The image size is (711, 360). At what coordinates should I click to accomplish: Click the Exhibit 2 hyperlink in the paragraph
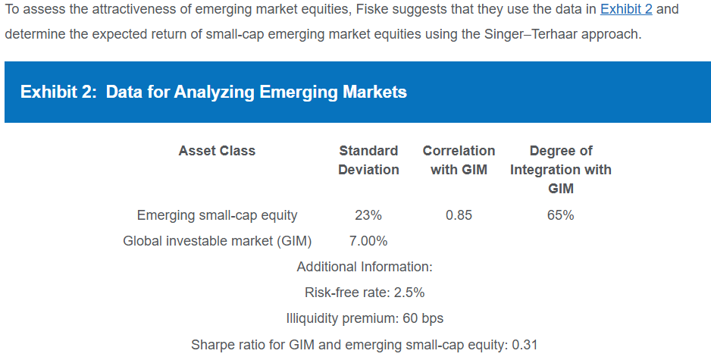[626, 9]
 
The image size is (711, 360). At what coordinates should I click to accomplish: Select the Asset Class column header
[217, 151]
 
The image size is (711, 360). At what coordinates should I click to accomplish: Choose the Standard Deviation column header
[368, 160]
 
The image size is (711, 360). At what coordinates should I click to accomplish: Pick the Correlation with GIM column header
[459, 160]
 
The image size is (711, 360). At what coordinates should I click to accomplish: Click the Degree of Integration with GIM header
[561, 169]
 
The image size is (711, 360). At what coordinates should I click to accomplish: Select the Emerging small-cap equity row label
[218, 215]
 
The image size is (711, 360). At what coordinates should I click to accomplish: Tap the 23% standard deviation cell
[368, 215]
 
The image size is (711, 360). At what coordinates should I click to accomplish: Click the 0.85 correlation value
[459, 215]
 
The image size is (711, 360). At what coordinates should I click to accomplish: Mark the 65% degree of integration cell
[560, 215]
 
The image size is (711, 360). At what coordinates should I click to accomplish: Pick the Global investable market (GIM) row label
[218, 241]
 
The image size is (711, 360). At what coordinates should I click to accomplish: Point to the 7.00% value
[368, 241]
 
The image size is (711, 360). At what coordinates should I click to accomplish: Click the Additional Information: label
[365, 267]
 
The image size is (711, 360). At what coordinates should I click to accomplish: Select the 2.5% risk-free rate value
[409, 293]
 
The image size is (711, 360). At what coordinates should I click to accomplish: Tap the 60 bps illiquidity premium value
[423, 319]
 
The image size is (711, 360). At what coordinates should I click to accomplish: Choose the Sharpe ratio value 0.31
[525, 345]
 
